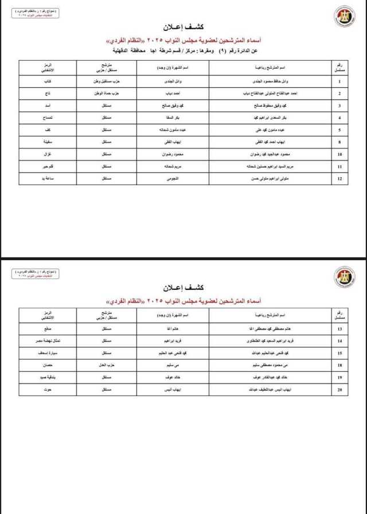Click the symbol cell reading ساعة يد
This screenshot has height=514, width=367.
pos(48,179)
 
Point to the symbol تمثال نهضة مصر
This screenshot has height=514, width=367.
pos(48,342)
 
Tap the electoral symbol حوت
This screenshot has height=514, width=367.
pos(48,390)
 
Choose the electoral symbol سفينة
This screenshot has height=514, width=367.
pos(48,143)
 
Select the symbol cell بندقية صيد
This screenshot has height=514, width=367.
pos(48,378)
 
